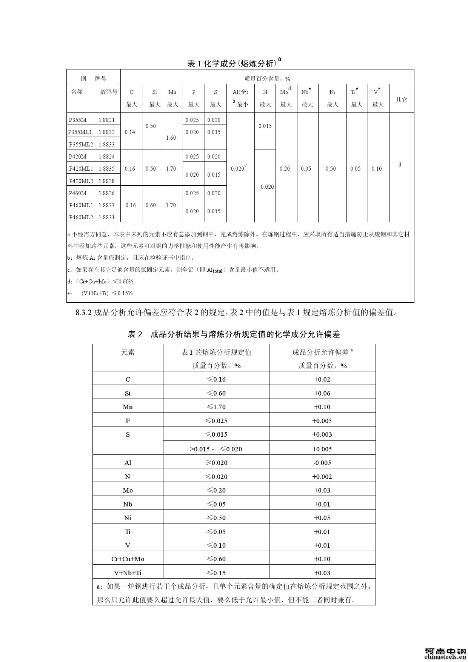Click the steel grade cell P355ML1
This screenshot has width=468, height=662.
80,132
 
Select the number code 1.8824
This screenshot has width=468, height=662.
106,157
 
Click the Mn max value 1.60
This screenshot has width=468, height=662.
171,138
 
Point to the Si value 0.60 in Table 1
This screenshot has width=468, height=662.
151,205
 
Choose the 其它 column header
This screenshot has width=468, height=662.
401,100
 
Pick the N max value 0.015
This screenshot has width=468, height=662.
265,126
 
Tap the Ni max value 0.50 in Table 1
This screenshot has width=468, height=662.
331,169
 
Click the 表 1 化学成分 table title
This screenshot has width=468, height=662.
234,63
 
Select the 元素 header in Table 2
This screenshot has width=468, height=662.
128,353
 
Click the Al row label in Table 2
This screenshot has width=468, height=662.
128,463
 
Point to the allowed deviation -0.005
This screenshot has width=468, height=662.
322,463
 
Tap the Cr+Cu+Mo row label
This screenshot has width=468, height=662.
128,559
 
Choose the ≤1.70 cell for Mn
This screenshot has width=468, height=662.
216,407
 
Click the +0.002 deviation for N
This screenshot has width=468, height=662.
322,477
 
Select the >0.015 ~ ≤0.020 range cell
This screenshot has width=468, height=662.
216,449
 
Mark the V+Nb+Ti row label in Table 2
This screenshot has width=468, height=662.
128,573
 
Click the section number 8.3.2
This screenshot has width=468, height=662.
84,313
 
